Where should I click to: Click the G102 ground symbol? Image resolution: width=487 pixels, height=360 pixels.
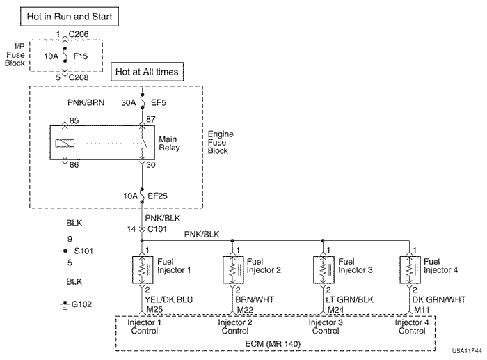point(64,304)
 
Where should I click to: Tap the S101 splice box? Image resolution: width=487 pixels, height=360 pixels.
point(64,249)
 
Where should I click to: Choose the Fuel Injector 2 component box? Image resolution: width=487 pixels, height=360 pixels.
point(232,267)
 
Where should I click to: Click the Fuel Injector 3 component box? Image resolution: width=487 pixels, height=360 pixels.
point(323,267)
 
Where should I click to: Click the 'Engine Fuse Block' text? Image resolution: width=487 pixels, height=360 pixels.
point(222,142)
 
